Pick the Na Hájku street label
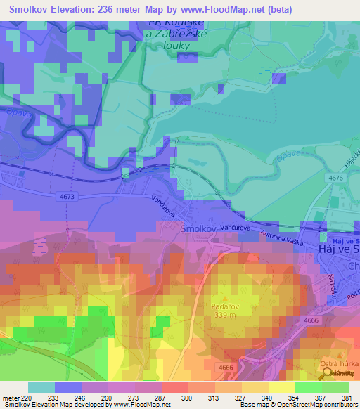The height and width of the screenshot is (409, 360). click(x=331, y=284)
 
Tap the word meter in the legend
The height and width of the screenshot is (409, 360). click(x=11, y=398)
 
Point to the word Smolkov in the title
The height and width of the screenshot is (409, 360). click(x=31, y=10)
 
